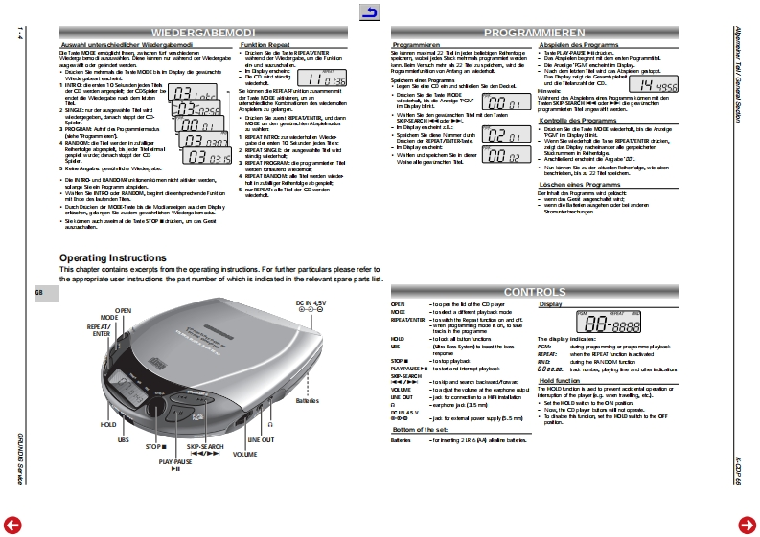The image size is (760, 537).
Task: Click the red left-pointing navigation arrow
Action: [12, 523]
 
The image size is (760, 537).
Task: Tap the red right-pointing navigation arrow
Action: [747, 523]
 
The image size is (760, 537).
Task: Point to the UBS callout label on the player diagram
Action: [123, 439]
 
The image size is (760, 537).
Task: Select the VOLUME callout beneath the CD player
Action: [245, 454]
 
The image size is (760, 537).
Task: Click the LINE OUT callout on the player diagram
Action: [261, 439]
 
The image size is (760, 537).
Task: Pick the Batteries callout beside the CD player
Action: [307, 401]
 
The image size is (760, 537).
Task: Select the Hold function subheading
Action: [560, 379]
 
